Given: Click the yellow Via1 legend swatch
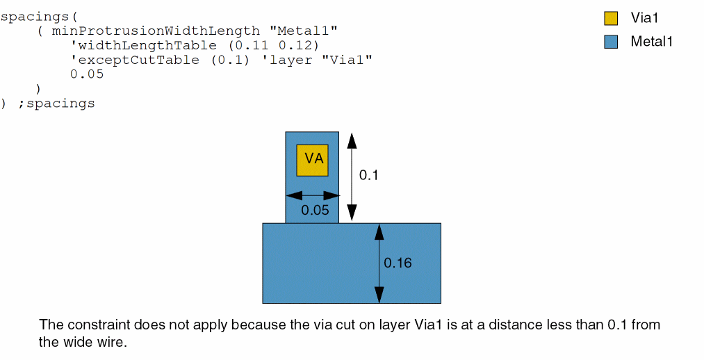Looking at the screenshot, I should [611, 19].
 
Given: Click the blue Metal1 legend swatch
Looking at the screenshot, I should [611, 42].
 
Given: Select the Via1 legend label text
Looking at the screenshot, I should [644, 19].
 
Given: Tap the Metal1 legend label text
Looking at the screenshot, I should [651, 42].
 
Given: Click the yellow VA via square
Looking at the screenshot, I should [312, 161].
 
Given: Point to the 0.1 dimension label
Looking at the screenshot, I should [368, 175].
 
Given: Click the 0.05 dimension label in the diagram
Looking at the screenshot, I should [315, 210].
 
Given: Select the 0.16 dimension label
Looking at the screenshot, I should [398, 263].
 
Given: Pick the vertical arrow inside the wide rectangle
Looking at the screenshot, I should [379, 263].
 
